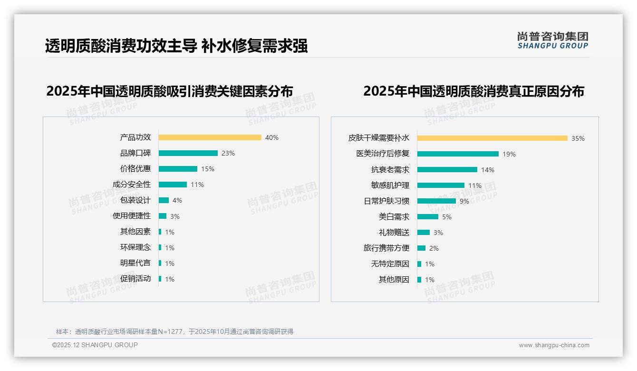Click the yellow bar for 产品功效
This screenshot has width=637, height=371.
210,137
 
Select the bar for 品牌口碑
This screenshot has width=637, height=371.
188,153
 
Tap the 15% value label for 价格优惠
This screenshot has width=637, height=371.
208,169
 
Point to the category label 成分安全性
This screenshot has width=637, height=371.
132,185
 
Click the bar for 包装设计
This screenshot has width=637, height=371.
164,200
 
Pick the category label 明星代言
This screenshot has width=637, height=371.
135,263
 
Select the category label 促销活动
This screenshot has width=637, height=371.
135,279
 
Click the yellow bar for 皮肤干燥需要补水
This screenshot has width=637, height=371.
492,138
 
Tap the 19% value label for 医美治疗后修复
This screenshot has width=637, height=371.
509,154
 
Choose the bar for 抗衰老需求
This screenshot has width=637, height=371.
447,170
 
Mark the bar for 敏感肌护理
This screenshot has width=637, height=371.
441,185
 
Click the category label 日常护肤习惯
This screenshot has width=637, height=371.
386,201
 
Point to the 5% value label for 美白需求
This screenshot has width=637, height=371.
447,217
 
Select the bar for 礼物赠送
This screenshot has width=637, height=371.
423,233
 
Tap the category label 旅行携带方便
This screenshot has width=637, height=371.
386,248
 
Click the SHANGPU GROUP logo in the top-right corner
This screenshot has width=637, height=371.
552,40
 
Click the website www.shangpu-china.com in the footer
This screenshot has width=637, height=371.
554,345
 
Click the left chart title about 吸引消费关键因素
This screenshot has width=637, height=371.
169,91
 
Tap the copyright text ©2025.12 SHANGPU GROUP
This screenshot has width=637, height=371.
95,345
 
